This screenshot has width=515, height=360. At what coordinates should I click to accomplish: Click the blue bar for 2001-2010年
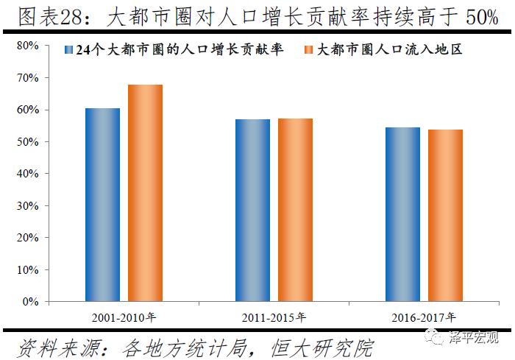[102, 205]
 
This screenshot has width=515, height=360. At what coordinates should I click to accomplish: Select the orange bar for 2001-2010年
[145, 193]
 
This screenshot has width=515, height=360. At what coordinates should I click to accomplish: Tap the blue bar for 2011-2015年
[252, 210]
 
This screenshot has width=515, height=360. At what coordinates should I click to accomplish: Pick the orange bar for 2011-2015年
[295, 210]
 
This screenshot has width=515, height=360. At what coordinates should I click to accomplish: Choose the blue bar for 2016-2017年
[402, 214]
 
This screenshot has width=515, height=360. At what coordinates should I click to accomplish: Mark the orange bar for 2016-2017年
[445, 215]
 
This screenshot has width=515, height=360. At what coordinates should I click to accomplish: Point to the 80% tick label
[28, 46]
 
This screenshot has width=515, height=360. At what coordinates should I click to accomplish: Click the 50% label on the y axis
[28, 141]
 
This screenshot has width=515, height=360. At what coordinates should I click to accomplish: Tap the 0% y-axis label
[31, 302]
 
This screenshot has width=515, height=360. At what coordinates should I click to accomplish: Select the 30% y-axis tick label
[28, 205]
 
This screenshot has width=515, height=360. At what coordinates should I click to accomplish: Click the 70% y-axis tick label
[28, 77]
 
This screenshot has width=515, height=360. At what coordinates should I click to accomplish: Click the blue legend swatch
[68, 51]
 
